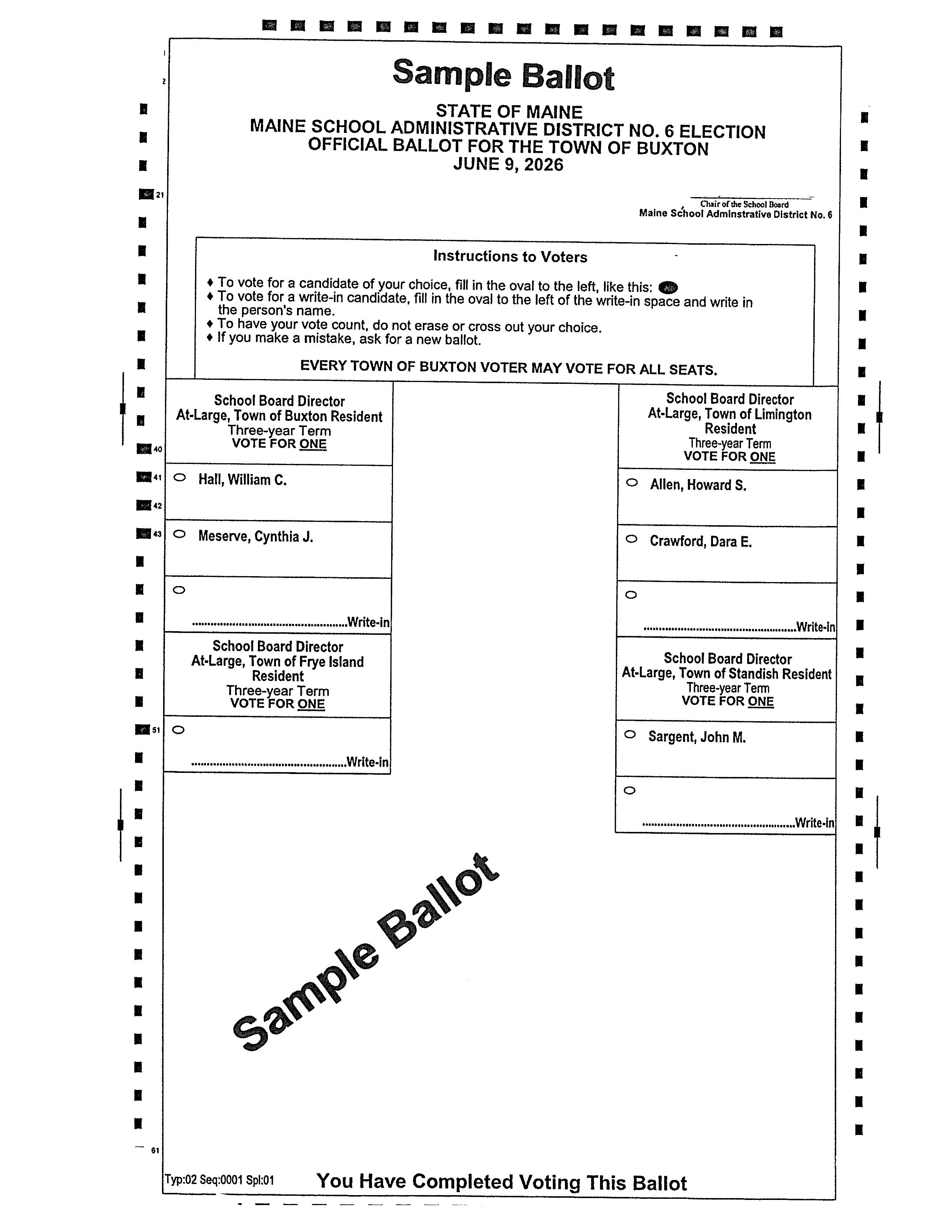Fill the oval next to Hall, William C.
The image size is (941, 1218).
[x=180, y=477]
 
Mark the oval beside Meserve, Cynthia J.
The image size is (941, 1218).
[x=179, y=534]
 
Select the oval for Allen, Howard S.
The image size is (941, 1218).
[x=632, y=482]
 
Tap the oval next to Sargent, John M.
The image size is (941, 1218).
[x=630, y=734]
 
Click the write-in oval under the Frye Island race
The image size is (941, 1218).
[x=178, y=729]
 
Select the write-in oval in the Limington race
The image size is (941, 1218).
[x=631, y=595]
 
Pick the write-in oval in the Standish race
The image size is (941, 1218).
[x=630, y=790]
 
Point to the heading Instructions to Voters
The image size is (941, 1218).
[x=510, y=257]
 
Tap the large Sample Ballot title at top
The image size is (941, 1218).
[x=503, y=75]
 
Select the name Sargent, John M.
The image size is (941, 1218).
[x=697, y=737]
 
